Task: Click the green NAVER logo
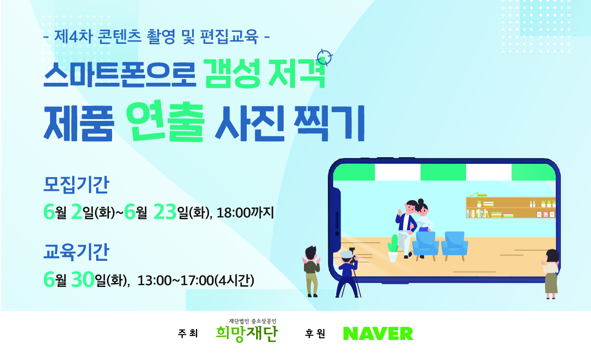click(x=378, y=333)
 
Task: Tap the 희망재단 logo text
click(x=246, y=333)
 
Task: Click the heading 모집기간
click(x=76, y=185)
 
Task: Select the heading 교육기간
click(x=76, y=252)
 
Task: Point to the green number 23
click(x=165, y=212)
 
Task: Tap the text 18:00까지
click(x=245, y=213)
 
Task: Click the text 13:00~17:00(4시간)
click(x=196, y=280)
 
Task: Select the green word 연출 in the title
click(x=165, y=121)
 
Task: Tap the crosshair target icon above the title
click(x=325, y=57)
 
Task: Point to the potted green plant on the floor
click(x=393, y=248)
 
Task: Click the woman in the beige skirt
click(x=551, y=274)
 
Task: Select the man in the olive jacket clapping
click(x=311, y=271)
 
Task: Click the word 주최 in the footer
click(x=188, y=333)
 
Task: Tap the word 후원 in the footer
click(x=315, y=333)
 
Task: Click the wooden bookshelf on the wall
click(x=511, y=208)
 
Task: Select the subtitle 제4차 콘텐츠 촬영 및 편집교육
click(x=156, y=36)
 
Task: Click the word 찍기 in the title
click(x=329, y=123)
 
